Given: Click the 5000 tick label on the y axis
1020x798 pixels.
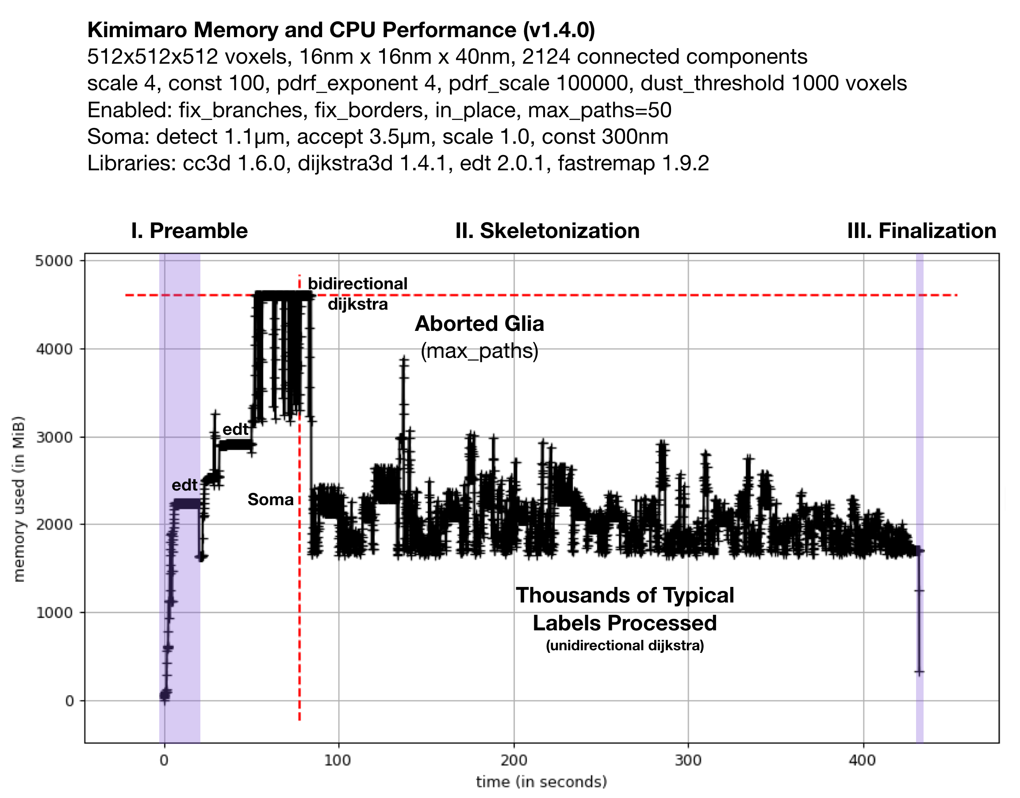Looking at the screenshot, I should click(x=54, y=261).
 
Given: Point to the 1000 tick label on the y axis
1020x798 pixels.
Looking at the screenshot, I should click(x=54, y=613).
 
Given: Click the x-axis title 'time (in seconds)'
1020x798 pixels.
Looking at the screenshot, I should click(x=541, y=782).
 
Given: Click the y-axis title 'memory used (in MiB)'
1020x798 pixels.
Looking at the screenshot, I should click(x=19, y=499).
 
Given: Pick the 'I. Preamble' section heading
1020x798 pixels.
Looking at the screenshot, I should click(x=189, y=231).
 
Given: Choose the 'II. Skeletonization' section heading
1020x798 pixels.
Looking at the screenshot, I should click(x=547, y=231).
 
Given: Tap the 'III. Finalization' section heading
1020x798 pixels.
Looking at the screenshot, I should click(x=921, y=231).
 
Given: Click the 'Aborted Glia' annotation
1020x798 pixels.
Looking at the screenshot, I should click(x=479, y=324).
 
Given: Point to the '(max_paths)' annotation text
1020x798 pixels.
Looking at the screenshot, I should click(x=479, y=350).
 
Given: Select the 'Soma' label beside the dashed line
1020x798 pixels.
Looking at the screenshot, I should click(x=271, y=499).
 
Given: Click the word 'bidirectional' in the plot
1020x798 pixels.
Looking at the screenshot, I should click(x=357, y=284).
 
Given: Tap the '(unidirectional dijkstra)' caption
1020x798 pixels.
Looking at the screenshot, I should click(x=625, y=645).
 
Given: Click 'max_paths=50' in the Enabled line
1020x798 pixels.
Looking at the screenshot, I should click(x=599, y=110).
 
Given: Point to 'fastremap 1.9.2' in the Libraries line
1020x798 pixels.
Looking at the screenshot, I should click(x=633, y=164).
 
